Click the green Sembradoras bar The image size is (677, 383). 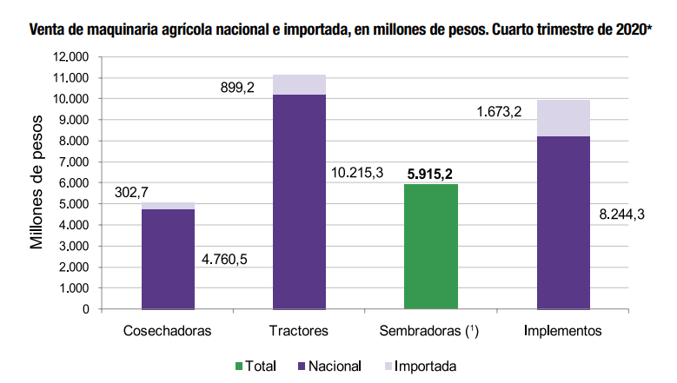[x=431, y=247]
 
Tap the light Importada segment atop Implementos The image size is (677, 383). [x=563, y=118]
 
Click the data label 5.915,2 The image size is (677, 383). [x=429, y=173]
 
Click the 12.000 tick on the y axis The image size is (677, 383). [x=70, y=57]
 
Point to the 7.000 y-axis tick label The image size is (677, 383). [x=73, y=162]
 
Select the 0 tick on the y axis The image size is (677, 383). [x=86, y=309]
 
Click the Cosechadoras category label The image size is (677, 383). [x=168, y=331]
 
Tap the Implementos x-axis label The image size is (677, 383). [x=562, y=331]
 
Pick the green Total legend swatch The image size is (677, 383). [x=241, y=366]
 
